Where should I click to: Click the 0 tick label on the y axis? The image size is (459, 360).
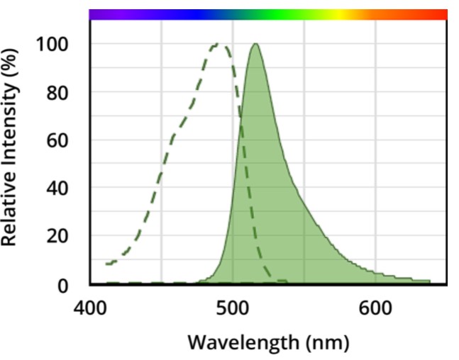(69, 285)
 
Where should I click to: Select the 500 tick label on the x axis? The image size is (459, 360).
(233, 310)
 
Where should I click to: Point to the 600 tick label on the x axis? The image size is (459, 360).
(375, 310)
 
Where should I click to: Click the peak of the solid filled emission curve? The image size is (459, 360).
(255, 44)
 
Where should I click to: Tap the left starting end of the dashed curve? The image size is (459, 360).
(106, 264)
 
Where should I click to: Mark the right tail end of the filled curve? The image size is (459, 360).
(428, 281)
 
